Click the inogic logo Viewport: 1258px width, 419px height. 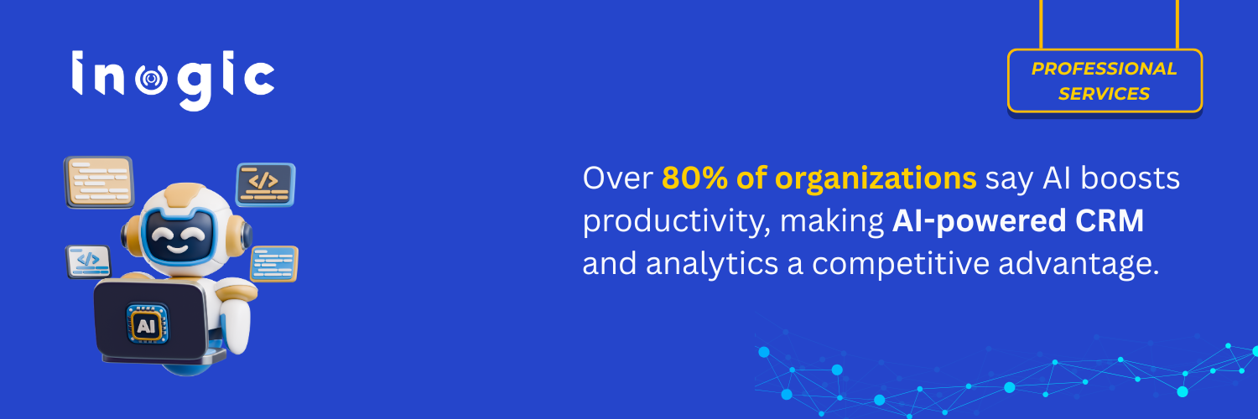click(173, 80)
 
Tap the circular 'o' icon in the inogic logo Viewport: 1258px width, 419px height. click(150, 80)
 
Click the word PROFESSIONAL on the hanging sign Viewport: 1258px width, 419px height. click(1104, 69)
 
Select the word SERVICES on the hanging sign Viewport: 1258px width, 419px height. click(1104, 94)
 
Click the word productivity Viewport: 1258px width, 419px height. click(675, 222)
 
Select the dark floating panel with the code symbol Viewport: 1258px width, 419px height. click(265, 182)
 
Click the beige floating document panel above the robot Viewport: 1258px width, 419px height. click(99, 181)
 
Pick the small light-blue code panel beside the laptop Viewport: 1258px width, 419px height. click(89, 261)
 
